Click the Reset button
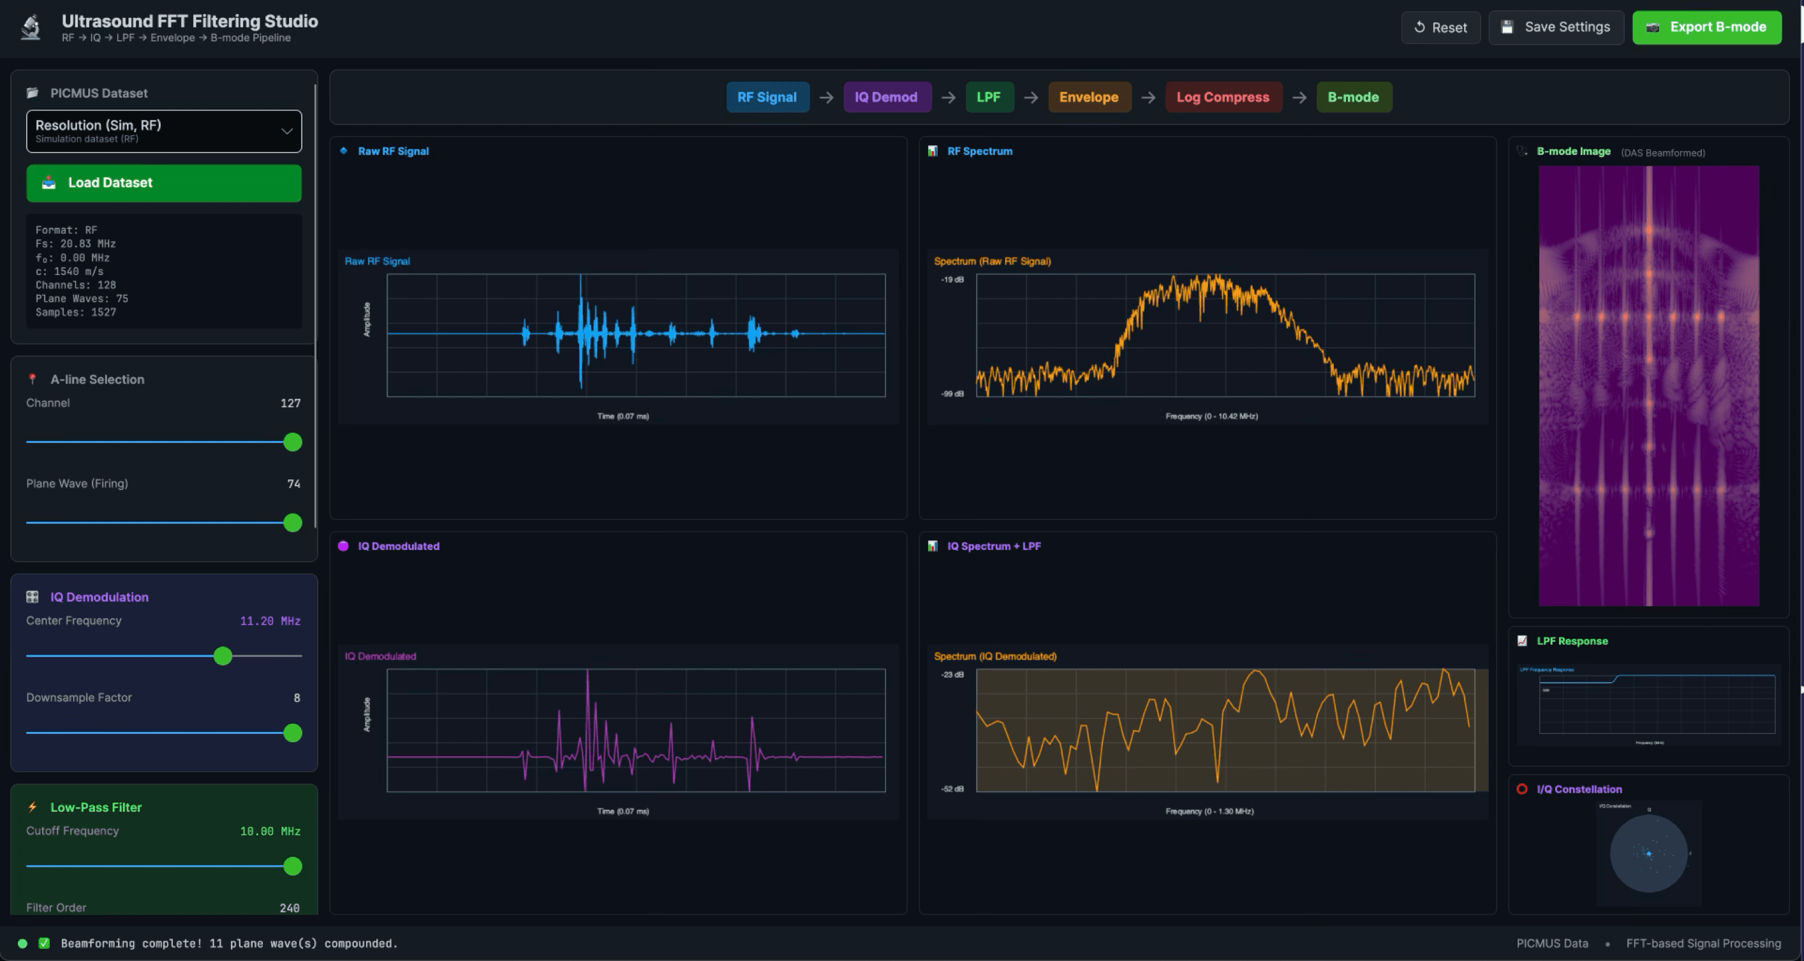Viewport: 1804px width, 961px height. [x=1440, y=27]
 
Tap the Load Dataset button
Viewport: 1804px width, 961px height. [x=164, y=183]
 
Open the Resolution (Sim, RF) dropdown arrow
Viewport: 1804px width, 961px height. [x=286, y=131]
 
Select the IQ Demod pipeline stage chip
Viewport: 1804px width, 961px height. [x=886, y=98]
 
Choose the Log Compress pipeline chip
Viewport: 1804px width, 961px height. [x=1223, y=98]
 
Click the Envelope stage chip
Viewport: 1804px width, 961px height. [x=1088, y=98]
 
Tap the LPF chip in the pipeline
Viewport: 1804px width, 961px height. [x=988, y=98]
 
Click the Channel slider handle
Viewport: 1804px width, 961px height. [x=293, y=442]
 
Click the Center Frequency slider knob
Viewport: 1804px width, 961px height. [x=223, y=657]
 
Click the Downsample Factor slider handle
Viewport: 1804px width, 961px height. [x=293, y=733]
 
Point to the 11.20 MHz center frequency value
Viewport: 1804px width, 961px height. [x=270, y=622]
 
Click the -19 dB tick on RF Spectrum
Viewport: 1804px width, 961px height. [x=952, y=279]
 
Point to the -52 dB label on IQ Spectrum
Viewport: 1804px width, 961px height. [x=952, y=789]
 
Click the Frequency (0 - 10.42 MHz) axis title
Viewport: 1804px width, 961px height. [x=1211, y=416]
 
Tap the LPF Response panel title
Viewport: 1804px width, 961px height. [x=1572, y=641]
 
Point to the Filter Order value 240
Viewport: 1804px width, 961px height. [x=289, y=908]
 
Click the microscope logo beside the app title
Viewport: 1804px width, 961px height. [x=30, y=27]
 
